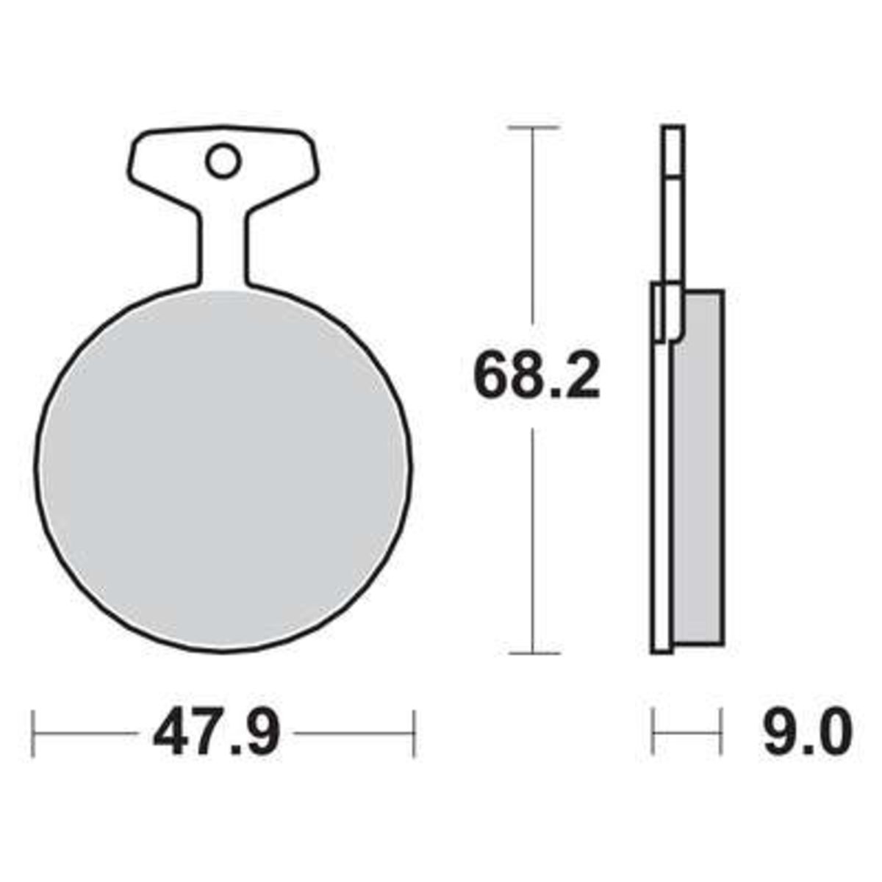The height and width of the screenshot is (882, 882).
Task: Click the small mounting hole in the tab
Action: click(223, 161)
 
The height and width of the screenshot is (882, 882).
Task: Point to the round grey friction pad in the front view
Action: click(223, 470)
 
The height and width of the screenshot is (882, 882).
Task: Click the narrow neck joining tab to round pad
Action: click(223, 252)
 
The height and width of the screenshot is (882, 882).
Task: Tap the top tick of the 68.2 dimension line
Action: click(533, 128)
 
